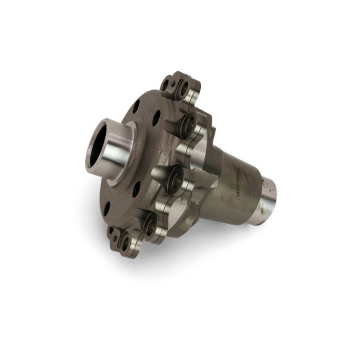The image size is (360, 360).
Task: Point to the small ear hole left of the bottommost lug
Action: [113, 232]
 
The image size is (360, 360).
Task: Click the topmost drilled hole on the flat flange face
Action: [136, 107]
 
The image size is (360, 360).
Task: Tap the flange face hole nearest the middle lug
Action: [153, 161]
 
